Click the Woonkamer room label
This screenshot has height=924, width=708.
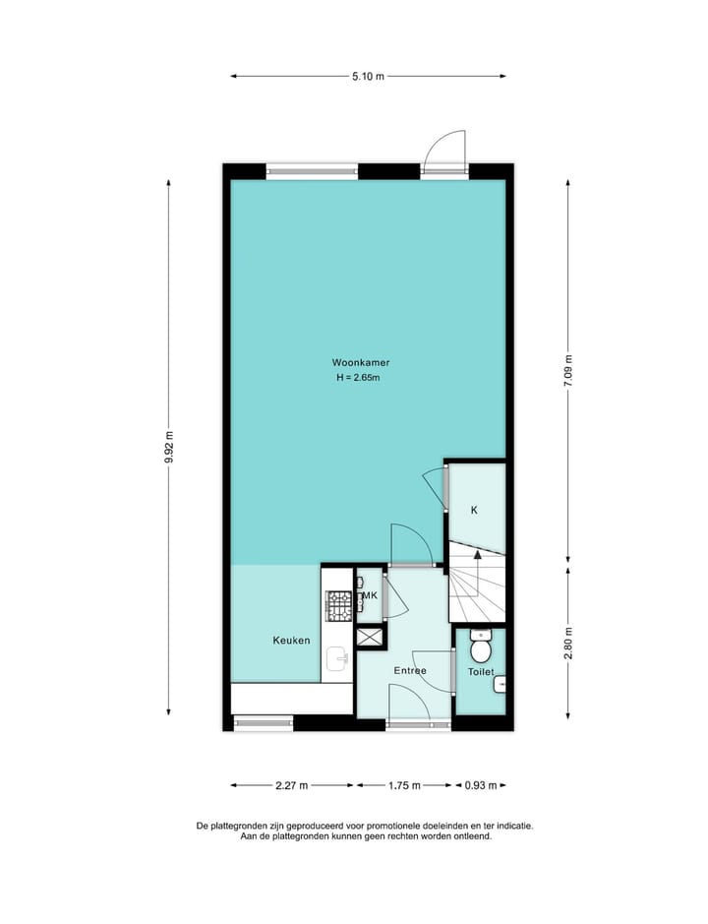[x=353, y=362]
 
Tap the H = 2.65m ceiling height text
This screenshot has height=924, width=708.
[x=358, y=378]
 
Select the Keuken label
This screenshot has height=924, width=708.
[x=291, y=641]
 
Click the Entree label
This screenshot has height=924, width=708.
[x=410, y=671]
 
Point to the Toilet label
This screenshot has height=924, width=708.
[x=481, y=671]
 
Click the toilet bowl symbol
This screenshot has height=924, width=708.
[x=481, y=648]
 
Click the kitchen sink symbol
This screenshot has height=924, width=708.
[x=337, y=658]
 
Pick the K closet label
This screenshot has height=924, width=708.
[x=474, y=510]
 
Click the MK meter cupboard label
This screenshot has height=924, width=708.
[x=371, y=596]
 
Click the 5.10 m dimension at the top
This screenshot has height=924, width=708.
[x=368, y=75]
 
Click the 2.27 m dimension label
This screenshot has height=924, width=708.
[x=292, y=785]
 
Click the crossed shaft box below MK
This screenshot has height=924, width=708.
[x=370, y=638]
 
